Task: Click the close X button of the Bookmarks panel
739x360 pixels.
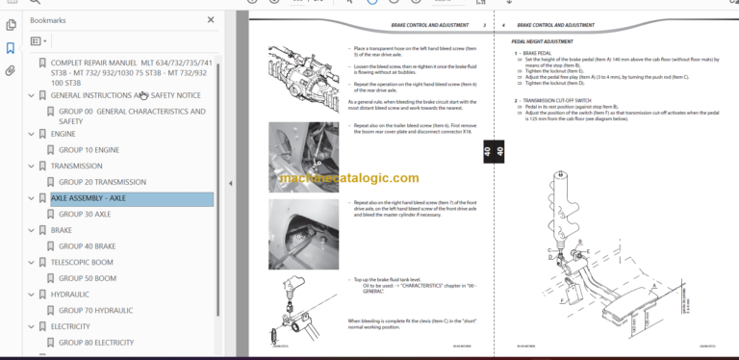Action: (211, 19)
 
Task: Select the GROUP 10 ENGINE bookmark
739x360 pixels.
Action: (89, 150)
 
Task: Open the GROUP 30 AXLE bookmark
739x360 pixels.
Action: (84, 215)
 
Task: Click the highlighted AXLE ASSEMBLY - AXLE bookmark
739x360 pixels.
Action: (89, 199)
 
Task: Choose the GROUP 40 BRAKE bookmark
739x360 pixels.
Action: (87, 246)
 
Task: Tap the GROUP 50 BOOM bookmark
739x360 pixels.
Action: (87, 278)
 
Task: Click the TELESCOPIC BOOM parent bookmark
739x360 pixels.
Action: (82, 263)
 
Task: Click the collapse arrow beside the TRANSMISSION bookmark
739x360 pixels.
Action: (31, 167)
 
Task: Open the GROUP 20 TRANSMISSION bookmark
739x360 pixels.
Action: (103, 182)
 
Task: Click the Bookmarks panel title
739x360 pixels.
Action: (48, 19)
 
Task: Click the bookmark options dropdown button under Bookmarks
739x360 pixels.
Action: (38, 41)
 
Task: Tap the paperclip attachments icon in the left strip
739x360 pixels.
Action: (11, 71)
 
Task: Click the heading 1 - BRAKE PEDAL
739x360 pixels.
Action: (536, 52)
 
